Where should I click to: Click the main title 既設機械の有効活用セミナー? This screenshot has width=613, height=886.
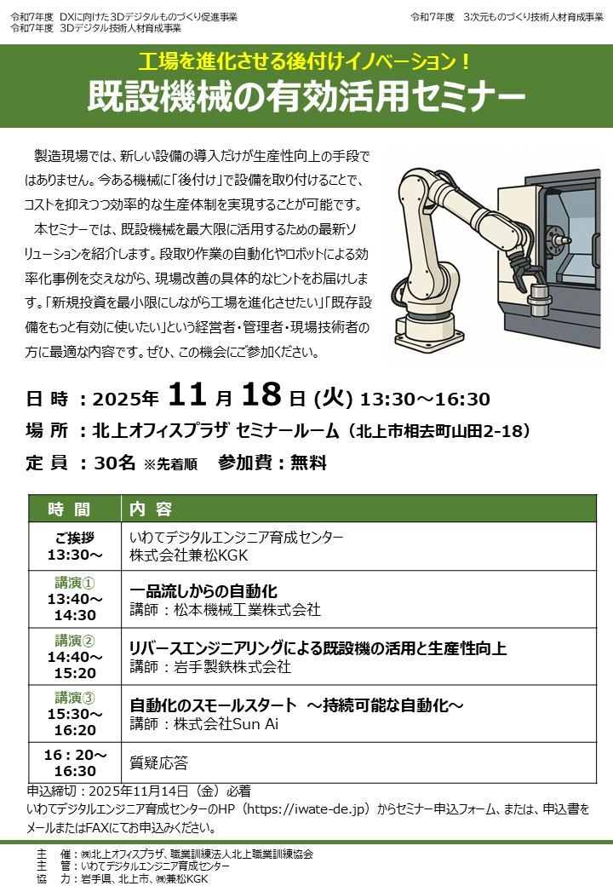pos(306,96)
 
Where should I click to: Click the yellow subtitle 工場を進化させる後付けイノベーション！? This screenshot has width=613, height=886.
pos(304,61)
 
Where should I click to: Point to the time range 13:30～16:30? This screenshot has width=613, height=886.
pos(425,399)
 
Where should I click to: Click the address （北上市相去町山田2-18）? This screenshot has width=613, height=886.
pos(439,431)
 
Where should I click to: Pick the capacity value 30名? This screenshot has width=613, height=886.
pos(115,463)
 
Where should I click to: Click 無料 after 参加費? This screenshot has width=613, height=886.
pos(308,463)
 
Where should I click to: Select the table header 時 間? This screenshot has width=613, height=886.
pos(69,509)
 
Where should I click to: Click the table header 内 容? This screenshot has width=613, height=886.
pos(151,509)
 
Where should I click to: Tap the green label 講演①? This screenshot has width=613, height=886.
pos(75,582)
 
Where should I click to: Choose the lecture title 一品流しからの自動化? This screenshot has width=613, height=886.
pos(203,591)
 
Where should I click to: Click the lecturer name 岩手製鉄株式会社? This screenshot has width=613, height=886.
pos(232,667)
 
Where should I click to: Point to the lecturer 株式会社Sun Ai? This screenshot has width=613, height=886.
pos(226,724)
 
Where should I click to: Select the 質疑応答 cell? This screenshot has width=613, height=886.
pos(158,762)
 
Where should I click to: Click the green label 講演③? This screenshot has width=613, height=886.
pos(75,698)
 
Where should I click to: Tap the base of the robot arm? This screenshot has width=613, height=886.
pos(430,332)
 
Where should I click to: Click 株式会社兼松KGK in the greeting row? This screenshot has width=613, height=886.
pos(188,555)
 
